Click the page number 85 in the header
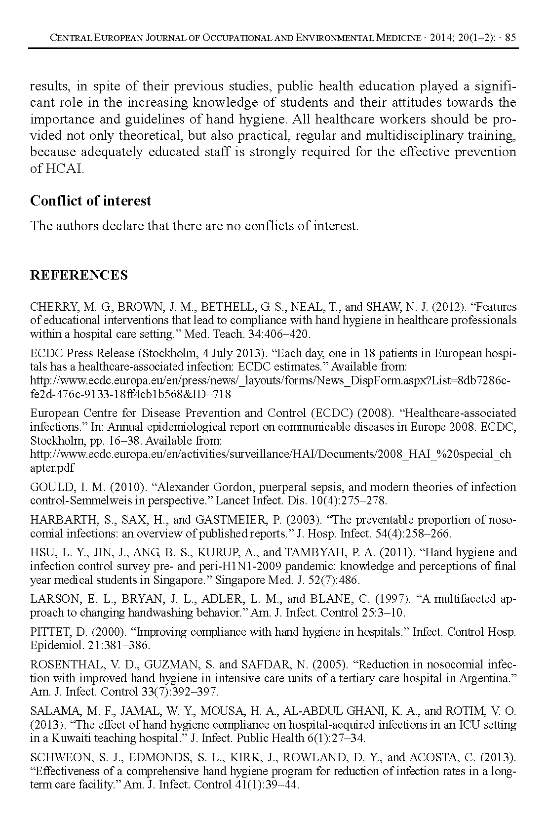[510, 38]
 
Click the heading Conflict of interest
[90, 201]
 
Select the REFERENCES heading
[79, 275]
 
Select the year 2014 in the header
[447, 38]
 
